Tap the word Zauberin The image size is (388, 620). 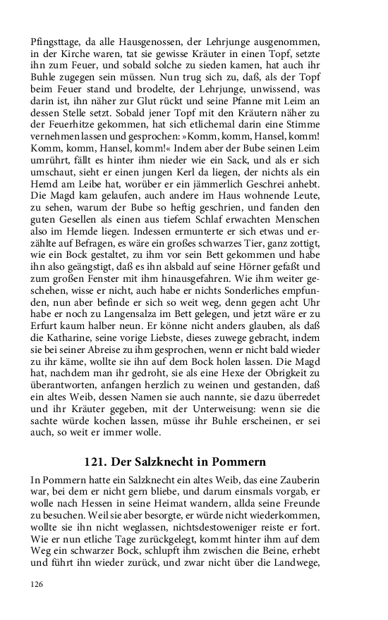334,479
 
